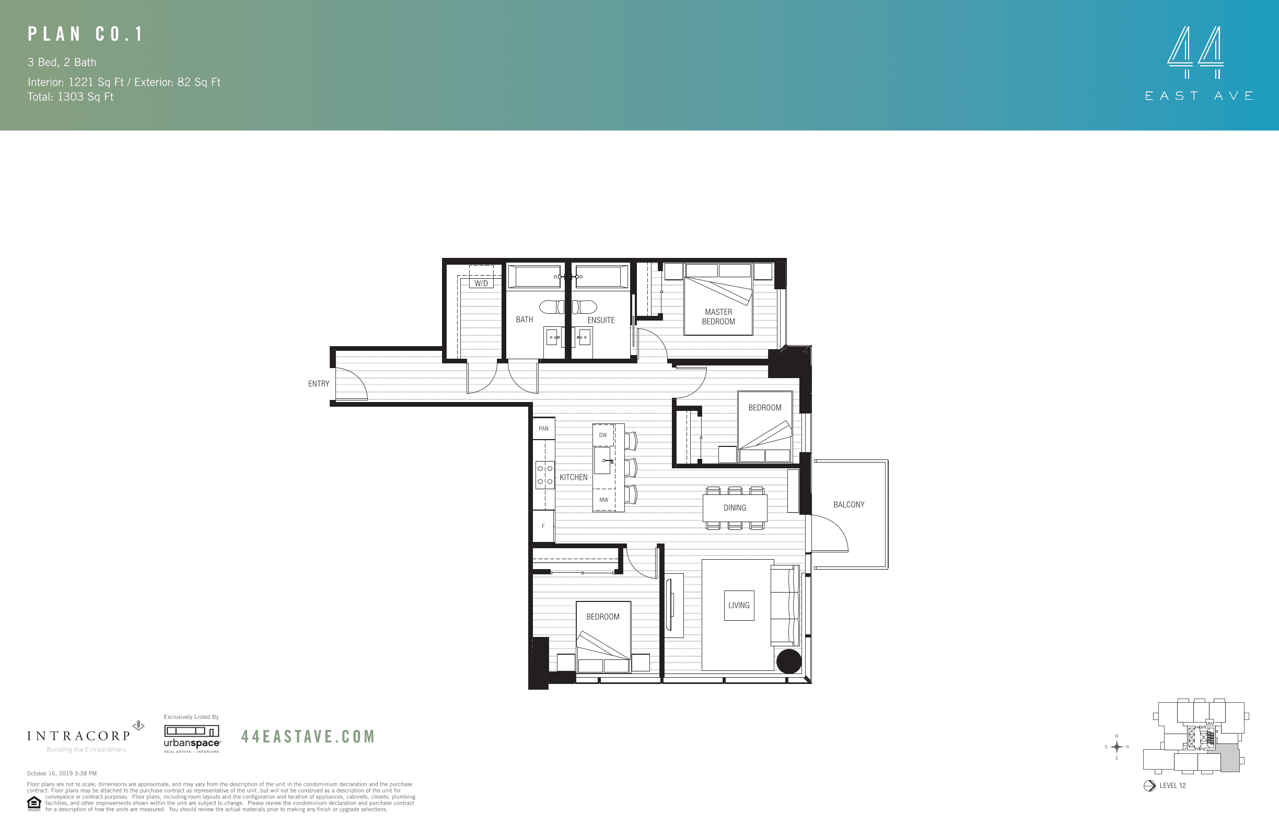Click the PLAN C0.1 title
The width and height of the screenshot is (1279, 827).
86,34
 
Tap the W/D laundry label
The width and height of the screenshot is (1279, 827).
481,283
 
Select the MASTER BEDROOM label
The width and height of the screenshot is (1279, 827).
718,316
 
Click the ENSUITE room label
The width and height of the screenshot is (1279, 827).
601,320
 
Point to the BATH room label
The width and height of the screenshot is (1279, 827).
524,320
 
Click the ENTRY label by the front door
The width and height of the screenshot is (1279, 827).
318,383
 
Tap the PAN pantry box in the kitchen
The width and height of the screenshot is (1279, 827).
543,429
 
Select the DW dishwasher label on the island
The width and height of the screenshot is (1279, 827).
603,435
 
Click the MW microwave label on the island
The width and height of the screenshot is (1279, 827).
603,500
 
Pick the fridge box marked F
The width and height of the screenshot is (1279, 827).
543,526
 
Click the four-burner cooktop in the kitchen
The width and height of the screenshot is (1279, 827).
545,475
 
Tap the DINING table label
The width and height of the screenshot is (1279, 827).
735,507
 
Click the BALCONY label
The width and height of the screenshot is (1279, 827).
848,504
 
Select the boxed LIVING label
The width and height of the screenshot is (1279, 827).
738,605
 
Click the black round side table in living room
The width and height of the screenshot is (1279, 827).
788,661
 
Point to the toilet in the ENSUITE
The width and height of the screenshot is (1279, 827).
586,306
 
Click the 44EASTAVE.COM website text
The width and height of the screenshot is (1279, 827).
308,736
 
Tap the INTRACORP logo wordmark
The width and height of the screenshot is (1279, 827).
79,736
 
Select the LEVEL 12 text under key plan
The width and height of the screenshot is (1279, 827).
1172,785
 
